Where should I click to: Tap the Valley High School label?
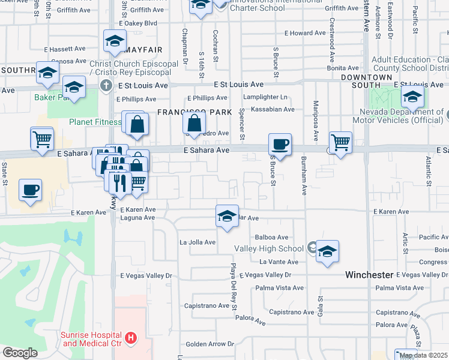pos(277,248)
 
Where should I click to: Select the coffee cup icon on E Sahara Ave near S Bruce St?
pos(280,145)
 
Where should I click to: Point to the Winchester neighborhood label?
pos(369,275)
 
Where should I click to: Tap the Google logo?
pos(20,352)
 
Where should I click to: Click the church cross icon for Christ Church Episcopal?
pos(106,85)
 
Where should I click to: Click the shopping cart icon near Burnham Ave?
pos(340,143)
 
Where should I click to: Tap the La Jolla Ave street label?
pos(197,242)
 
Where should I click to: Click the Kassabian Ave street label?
pos(273,109)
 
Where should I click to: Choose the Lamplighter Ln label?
pos(266,97)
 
